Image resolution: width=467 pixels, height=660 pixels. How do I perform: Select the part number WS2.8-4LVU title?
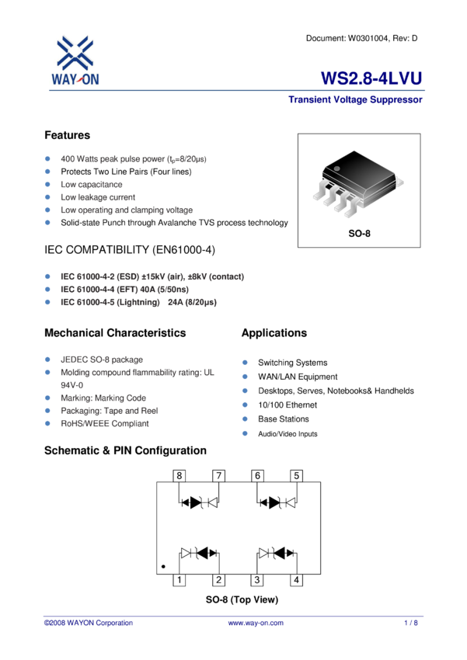[371, 79]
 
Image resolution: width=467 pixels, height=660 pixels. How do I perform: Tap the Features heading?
[68, 135]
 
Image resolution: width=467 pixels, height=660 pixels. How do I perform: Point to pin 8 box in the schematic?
[179, 475]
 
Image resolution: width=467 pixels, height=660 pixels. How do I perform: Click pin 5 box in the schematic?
[296, 475]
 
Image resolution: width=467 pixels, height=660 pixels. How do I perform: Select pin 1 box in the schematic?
[179, 579]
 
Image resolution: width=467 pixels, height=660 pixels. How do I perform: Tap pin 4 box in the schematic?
[296, 579]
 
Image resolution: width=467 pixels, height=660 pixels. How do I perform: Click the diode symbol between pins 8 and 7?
[199, 502]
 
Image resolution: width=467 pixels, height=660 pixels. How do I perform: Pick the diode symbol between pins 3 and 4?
[277, 553]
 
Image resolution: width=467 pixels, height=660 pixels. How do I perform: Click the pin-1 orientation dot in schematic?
[164, 568]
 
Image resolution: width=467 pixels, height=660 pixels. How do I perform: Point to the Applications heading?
[274, 333]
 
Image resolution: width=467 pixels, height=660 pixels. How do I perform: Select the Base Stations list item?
[283, 419]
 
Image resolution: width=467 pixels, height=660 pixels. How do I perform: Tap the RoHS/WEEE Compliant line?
[105, 424]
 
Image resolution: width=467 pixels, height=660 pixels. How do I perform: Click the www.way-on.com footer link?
[256, 623]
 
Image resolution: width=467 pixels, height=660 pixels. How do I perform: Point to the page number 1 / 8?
[411, 623]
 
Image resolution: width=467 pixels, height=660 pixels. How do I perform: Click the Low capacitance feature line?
[92, 185]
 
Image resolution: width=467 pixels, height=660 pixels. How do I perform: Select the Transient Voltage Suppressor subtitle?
[355, 100]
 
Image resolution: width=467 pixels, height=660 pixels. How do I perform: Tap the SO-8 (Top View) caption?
[242, 600]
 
